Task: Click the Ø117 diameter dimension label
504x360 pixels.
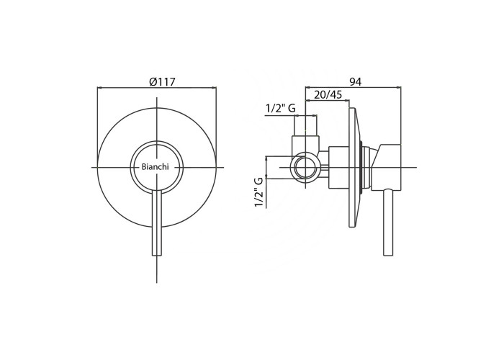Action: click(x=162, y=82)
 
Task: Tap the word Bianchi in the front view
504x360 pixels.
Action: click(x=155, y=167)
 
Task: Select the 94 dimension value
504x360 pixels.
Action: click(x=356, y=82)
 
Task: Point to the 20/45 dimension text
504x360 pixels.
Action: click(x=328, y=95)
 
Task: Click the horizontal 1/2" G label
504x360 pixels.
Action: click(x=281, y=108)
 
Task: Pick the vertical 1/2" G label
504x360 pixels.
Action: click(x=259, y=192)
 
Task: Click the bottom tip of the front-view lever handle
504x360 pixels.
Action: click(x=156, y=256)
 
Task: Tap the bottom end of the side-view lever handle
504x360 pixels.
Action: click(x=389, y=256)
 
